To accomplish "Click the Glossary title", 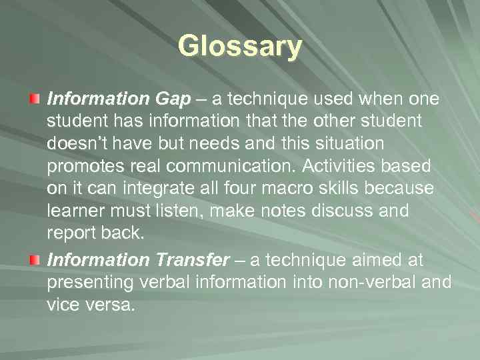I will click(240, 47).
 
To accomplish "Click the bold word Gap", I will click(173, 99).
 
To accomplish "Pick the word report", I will click(70, 234).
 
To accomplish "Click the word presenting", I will click(91, 282).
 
